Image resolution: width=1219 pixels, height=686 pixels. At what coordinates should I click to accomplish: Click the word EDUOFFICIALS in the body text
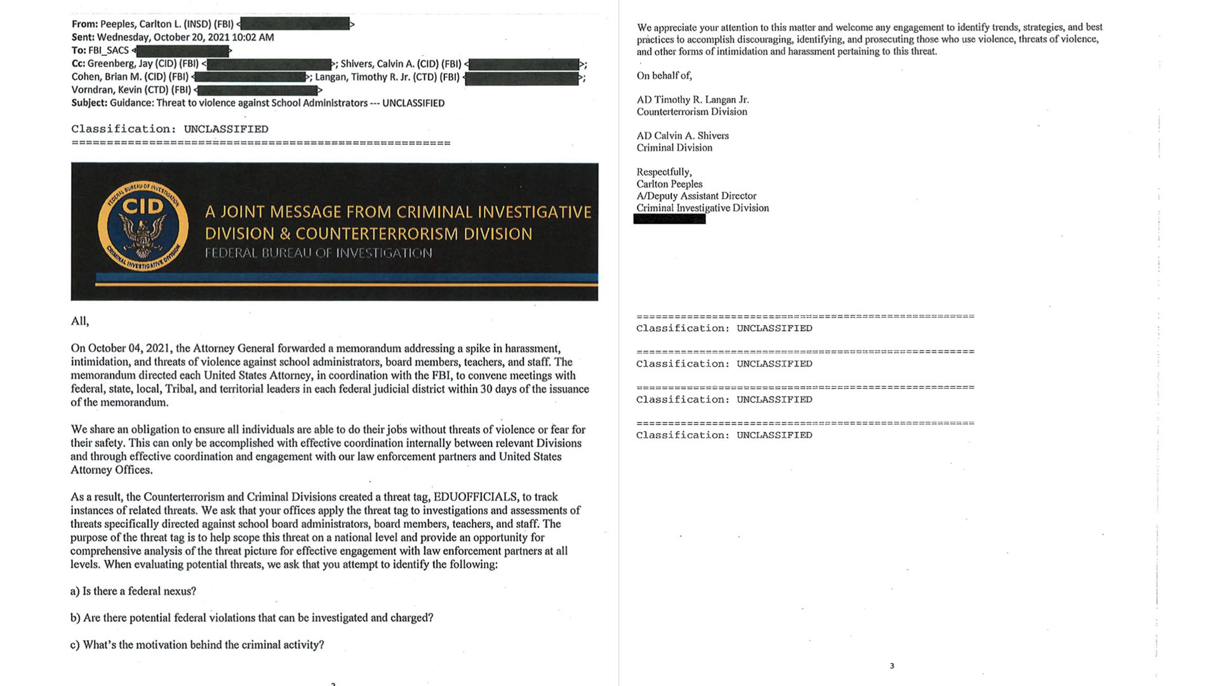click(476, 497)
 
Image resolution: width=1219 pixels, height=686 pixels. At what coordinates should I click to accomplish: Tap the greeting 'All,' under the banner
click(80, 321)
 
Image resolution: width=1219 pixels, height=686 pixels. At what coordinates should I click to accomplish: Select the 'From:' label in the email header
click(84, 24)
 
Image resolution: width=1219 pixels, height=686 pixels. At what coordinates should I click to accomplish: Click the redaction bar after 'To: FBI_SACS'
click(183, 51)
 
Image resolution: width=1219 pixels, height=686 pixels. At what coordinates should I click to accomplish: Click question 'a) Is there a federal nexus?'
click(133, 591)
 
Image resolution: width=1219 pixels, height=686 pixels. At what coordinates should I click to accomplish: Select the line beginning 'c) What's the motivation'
click(197, 645)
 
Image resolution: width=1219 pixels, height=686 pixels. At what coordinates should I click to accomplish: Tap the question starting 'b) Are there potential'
click(251, 618)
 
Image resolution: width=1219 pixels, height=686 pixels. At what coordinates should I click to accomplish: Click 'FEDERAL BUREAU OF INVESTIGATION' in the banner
click(318, 253)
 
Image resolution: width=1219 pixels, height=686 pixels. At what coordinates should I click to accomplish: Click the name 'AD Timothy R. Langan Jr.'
click(693, 100)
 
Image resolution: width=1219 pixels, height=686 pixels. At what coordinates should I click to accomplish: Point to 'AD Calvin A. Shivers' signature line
click(683, 136)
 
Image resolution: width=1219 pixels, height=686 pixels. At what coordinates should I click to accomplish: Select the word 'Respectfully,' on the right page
click(664, 172)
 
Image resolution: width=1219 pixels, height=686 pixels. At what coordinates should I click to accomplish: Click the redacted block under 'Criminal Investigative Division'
click(669, 219)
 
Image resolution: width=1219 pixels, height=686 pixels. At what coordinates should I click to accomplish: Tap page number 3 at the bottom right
click(891, 666)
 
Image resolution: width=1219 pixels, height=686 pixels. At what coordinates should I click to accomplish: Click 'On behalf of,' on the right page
click(664, 76)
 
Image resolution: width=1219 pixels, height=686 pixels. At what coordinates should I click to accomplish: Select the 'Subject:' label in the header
click(89, 103)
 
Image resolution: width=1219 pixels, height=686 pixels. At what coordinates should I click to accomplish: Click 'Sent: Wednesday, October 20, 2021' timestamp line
click(173, 37)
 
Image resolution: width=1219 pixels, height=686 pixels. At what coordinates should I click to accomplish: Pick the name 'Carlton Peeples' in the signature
click(669, 184)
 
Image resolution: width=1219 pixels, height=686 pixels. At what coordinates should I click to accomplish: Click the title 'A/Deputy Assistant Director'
click(696, 196)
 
